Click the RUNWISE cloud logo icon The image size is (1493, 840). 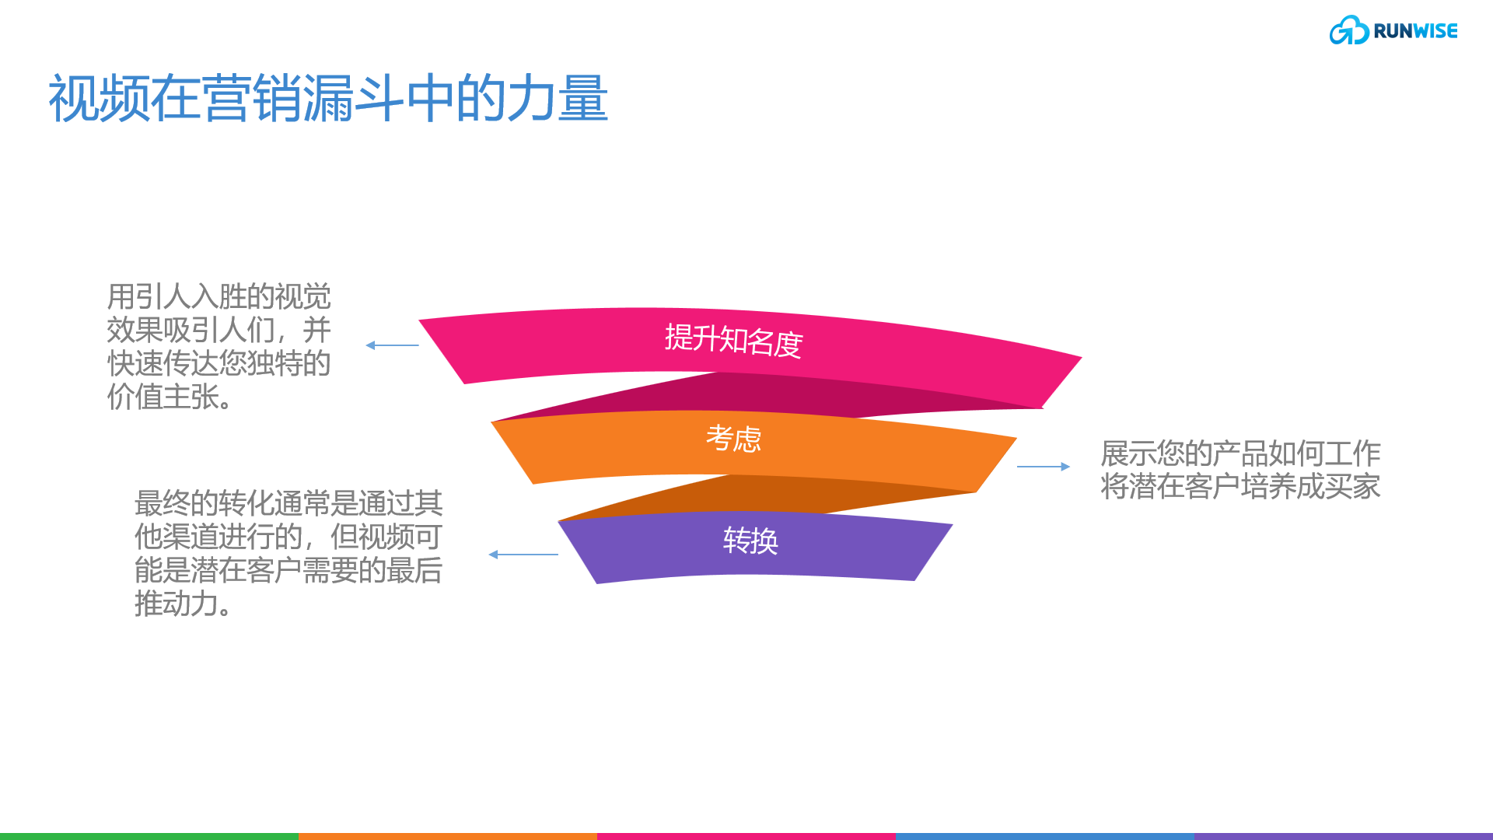1348,31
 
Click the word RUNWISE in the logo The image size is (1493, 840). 1415,31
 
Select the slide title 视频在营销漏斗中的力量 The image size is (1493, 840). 327,99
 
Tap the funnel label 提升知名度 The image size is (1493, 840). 733,341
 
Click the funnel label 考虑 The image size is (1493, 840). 733,439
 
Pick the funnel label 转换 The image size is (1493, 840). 750,541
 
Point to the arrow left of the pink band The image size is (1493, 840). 392,345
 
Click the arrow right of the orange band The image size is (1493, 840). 1044,467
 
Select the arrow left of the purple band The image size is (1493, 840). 523,555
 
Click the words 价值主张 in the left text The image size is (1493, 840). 163,397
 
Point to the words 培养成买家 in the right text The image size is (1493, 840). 1310,487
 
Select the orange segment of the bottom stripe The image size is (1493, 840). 448,836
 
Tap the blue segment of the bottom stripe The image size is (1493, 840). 1045,836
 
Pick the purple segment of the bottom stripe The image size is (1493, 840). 1344,836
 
